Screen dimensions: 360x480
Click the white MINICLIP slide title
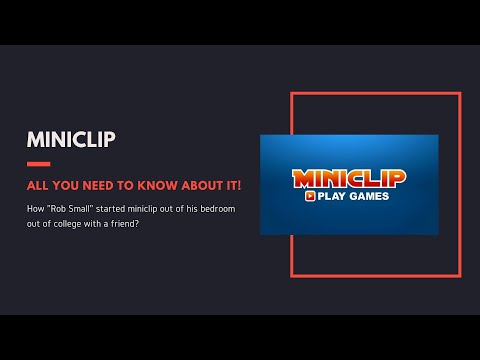click(x=71, y=138)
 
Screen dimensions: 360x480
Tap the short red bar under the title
click(x=38, y=163)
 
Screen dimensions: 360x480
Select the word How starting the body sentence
click(x=36, y=209)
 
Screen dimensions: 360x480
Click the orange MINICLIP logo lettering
click(x=349, y=178)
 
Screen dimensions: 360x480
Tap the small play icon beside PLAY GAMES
click(x=311, y=196)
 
